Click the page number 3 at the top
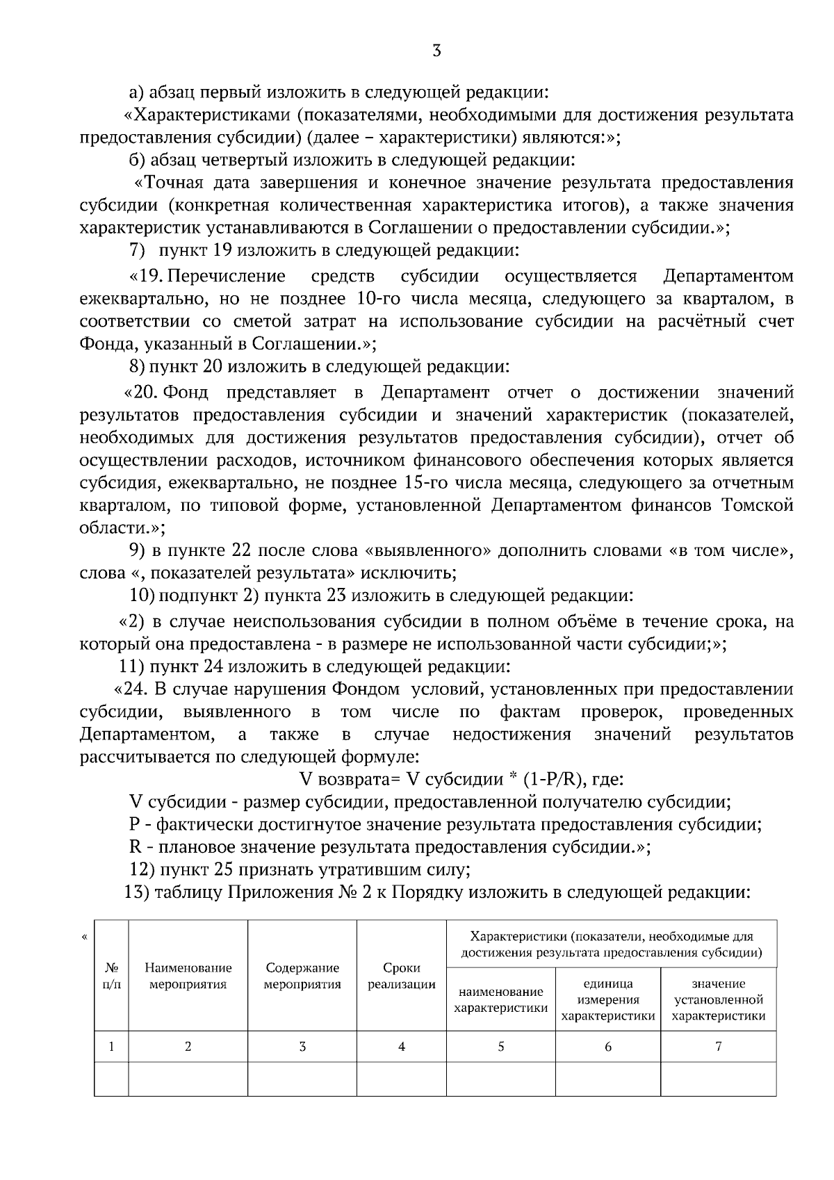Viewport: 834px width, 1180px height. pyautogui.click(x=436, y=51)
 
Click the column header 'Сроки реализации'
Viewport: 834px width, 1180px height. pyautogui.click(x=401, y=976)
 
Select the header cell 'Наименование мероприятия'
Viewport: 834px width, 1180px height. pyautogui.click(x=188, y=976)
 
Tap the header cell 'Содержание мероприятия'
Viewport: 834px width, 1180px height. pyautogui.click(x=302, y=976)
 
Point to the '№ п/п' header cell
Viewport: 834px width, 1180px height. pyautogui.click(x=111, y=976)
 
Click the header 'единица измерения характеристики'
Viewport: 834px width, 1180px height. pyautogui.click(x=607, y=999)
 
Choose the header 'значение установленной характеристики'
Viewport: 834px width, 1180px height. pyautogui.click(x=719, y=999)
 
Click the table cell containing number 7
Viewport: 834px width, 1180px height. pyautogui.click(x=719, y=1047)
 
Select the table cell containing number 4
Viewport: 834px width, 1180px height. pyautogui.click(x=401, y=1047)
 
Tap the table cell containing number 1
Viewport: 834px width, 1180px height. pyautogui.click(x=111, y=1047)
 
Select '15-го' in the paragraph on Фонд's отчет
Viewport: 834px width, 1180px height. pyautogui.click(x=421, y=482)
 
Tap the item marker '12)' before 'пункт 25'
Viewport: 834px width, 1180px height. pyautogui.click(x=142, y=869)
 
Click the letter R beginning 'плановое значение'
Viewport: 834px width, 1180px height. pyautogui.click(x=136, y=847)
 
